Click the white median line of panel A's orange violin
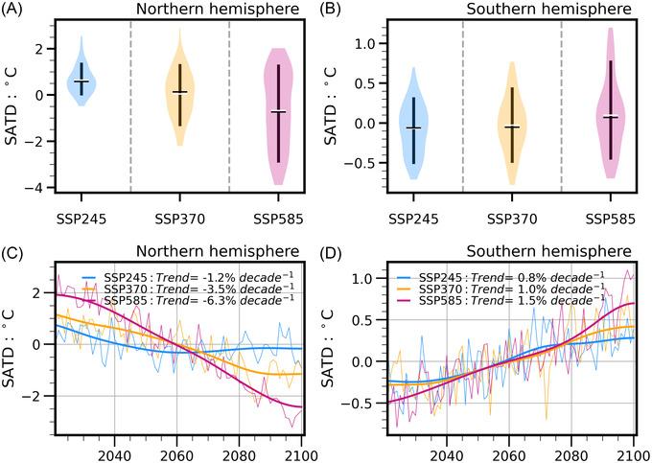(179, 92)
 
